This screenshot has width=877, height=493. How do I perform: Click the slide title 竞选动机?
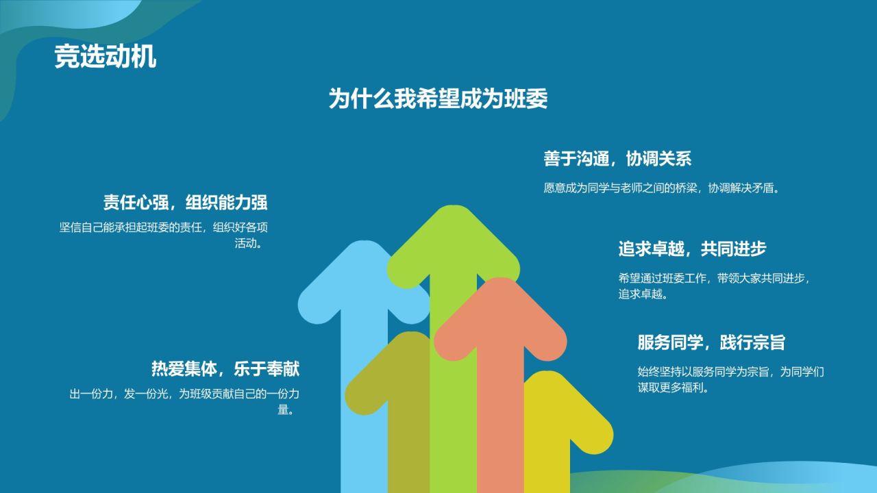(106, 57)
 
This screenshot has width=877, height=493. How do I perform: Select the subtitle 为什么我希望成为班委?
(438, 99)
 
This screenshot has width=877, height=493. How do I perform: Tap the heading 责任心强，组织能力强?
(185, 202)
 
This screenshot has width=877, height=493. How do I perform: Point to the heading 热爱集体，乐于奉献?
(225, 369)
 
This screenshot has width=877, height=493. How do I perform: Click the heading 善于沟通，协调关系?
(617, 159)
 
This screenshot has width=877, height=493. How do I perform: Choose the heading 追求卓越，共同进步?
(692, 249)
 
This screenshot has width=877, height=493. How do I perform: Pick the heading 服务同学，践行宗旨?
(711, 342)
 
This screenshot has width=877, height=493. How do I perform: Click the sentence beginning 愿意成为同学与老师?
(662, 188)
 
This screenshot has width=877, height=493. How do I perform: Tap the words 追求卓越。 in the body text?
(643, 294)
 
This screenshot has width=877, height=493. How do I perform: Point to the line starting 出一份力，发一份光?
(184, 394)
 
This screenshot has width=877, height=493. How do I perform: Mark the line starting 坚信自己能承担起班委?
(163, 227)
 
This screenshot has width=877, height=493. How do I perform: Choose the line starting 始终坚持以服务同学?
(730, 372)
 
